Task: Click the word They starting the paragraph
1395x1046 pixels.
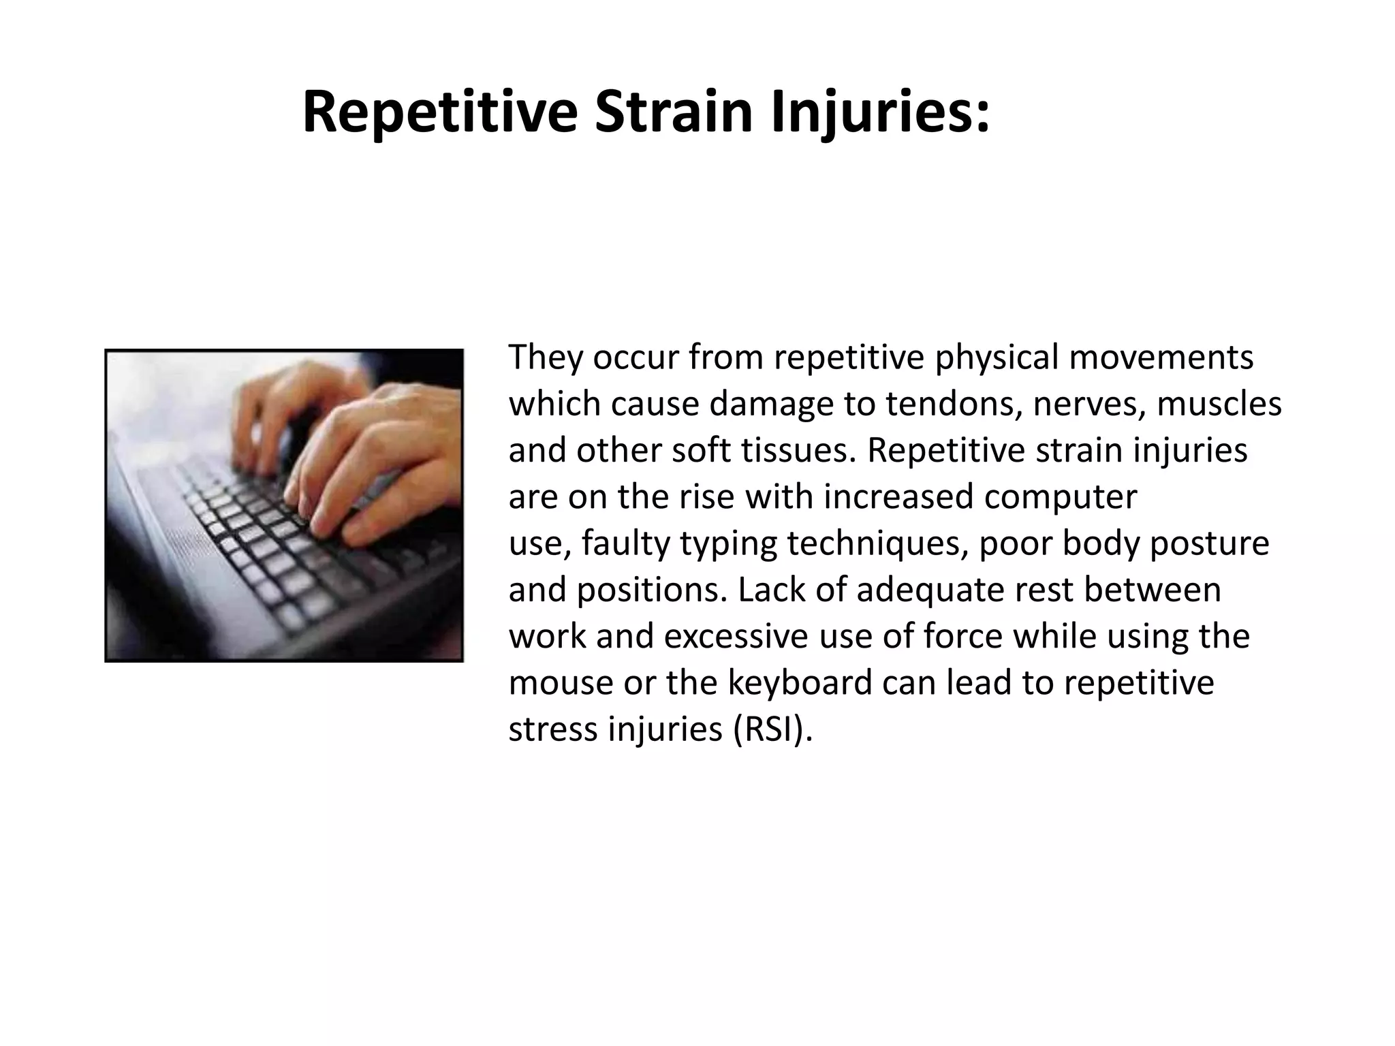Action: tap(544, 358)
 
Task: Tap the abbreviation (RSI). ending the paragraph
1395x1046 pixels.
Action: tap(774, 729)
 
